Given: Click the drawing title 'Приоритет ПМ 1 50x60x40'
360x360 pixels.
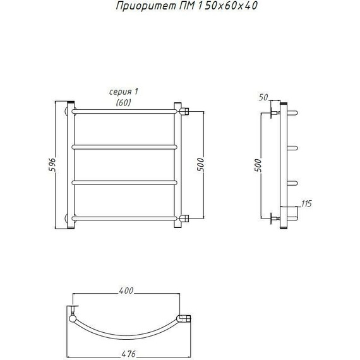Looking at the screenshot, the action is [187, 6].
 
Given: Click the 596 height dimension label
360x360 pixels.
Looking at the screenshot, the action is [52, 165].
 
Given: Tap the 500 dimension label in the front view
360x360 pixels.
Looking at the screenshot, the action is [200, 164].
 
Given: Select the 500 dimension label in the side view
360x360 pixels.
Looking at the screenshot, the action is [258, 165].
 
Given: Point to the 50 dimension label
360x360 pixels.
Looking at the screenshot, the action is [263, 97].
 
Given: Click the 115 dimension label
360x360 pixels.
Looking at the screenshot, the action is [306, 203].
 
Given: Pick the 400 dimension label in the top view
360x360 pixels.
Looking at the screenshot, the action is [126, 291].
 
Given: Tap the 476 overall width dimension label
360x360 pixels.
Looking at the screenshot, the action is [128, 354].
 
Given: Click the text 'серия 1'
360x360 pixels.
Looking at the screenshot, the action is [124, 92].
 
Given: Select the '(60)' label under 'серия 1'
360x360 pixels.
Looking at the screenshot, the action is [123, 102].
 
